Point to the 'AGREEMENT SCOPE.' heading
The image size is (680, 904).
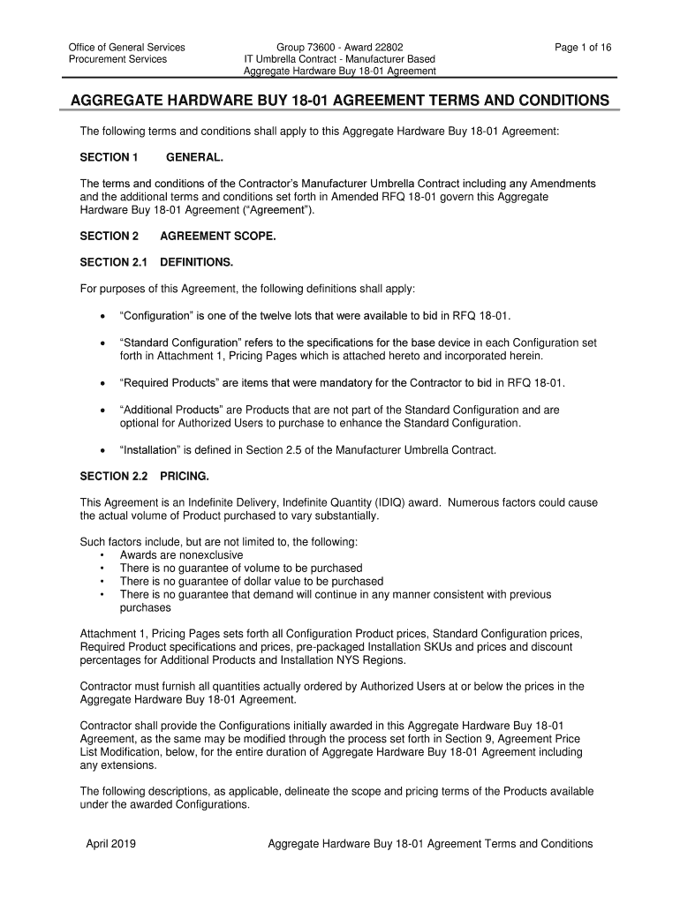[x=218, y=237]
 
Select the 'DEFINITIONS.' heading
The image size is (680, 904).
[x=197, y=262]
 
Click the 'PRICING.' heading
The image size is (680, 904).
[x=185, y=477]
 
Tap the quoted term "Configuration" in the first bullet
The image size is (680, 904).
[x=156, y=316]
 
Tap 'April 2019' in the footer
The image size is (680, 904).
[x=110, y=844]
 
